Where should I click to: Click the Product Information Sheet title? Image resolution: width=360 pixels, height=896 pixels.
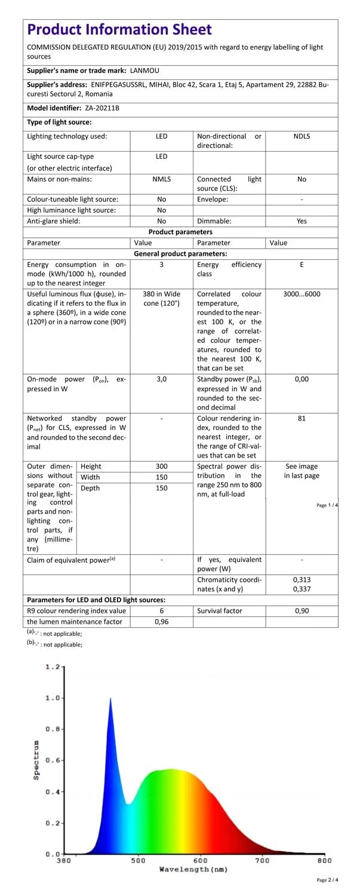(119, 29)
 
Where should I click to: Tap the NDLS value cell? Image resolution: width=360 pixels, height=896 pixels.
(301, 136)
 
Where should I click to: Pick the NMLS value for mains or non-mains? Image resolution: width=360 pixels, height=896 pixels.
(161, 179)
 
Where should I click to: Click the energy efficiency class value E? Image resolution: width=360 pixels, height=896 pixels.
(301, 265)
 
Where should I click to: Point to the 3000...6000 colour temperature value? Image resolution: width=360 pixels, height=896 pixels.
(301, 294)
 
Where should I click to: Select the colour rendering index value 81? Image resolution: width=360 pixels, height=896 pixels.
(301, 418)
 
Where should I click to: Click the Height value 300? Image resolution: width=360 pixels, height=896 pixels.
(161, 466)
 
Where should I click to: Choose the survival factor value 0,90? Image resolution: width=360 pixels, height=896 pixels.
(301, 611)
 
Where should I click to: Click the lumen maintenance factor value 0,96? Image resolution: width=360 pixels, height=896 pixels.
(161, 622)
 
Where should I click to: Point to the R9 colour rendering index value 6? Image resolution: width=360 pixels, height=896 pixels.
(161, 611)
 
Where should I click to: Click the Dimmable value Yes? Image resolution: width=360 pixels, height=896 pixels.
(301, 221)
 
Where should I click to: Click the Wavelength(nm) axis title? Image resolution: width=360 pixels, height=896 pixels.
(193, 870)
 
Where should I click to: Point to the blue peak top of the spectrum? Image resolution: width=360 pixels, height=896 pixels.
(110, 698)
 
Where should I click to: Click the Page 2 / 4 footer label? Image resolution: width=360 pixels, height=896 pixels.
(328, 880)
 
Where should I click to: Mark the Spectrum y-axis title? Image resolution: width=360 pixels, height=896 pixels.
(36, 760)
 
